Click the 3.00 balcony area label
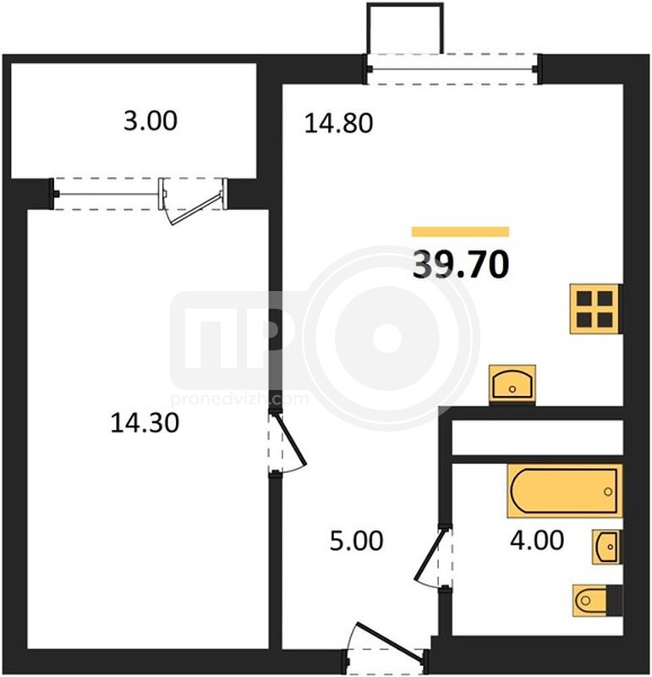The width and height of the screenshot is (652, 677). click(x=151, y=120)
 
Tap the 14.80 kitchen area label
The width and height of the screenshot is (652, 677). click(x=339, y=123)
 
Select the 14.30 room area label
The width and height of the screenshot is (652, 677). click(x=145, y=422)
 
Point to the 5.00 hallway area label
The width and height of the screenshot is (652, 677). click(x=356, y=541)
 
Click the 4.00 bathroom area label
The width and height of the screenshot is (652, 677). click(x=537, y=540)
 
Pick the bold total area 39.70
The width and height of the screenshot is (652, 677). click(x=461, y=264)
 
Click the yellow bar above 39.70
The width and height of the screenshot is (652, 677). click(x=460, y=231)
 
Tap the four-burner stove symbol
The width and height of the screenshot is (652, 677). click(x=595, y=309)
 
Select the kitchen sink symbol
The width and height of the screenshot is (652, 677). click(x=512, y=384)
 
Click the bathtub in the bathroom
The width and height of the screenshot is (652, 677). click(x=565, y=491)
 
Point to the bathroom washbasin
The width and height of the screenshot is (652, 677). click(x=606, y=546)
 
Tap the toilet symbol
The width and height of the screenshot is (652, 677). click(x=597, y=600)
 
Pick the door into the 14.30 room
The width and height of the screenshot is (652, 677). click(x=288, y=440)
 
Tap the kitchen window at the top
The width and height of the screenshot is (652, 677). click(x=452, y=69)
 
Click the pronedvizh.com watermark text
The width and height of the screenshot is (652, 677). click(x=240, y=399)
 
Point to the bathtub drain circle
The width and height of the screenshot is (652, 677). click(x=608, y=492)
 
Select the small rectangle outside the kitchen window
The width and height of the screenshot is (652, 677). click(x=405, y=28)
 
